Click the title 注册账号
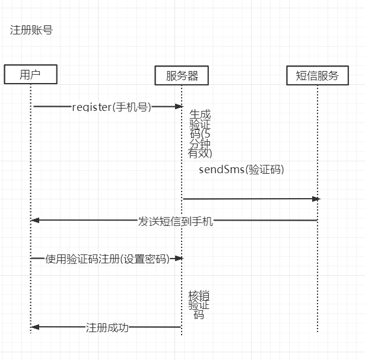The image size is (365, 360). tap(31, 30)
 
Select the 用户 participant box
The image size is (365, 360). tap(30, 74)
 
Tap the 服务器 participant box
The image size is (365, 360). tap(182, 75)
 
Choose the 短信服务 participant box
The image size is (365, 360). tap(317, 75)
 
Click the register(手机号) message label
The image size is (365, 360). tap(112, 107)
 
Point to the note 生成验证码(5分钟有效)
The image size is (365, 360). tap(199, 133)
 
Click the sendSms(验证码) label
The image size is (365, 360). tap(242, 170)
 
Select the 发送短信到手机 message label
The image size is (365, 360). tap(176, 221)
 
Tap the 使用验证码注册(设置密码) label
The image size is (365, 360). tap(107, 259)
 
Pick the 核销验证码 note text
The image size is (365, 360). tap(199, 305)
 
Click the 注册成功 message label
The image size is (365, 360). tap(107, 327)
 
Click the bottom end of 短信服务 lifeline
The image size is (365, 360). tap(318, 331)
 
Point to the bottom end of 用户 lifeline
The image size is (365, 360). tap(30, 332)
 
